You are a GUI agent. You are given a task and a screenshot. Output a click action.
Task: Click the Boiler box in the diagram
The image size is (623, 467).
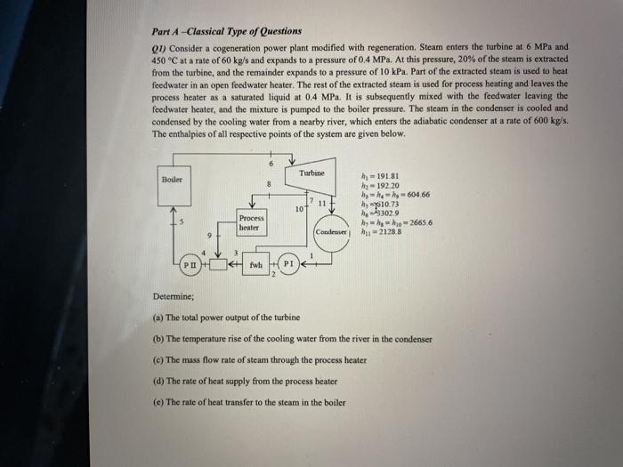[170, 180]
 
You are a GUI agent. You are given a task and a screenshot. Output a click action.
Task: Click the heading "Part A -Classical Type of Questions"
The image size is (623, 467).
[227, 31]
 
